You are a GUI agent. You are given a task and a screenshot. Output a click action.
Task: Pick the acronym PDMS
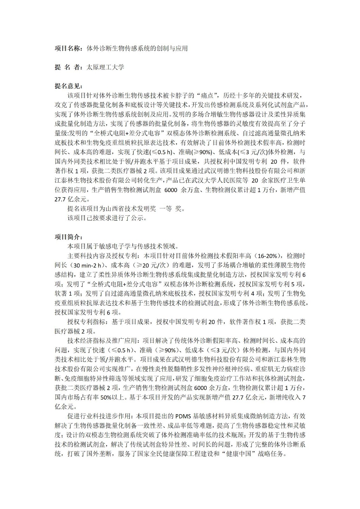pyautogui.click(x=183, y=416)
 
